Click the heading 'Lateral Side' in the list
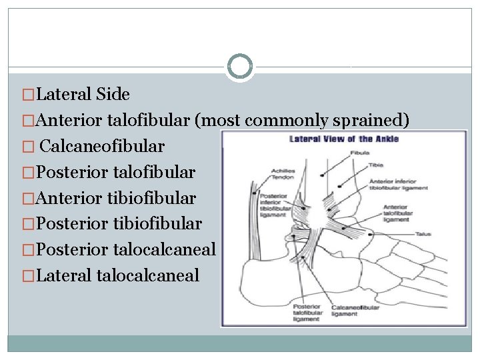[83, 95]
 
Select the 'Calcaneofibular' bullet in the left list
[102, 146]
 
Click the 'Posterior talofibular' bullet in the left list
[116, 172]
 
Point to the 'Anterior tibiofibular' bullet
[116, 198]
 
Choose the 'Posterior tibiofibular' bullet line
[119, 223]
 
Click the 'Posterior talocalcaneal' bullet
[125, 249]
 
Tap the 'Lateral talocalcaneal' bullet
[118, 275]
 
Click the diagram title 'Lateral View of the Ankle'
[343, 139]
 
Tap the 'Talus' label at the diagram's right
[424, 234]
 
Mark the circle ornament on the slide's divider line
[240, 67]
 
